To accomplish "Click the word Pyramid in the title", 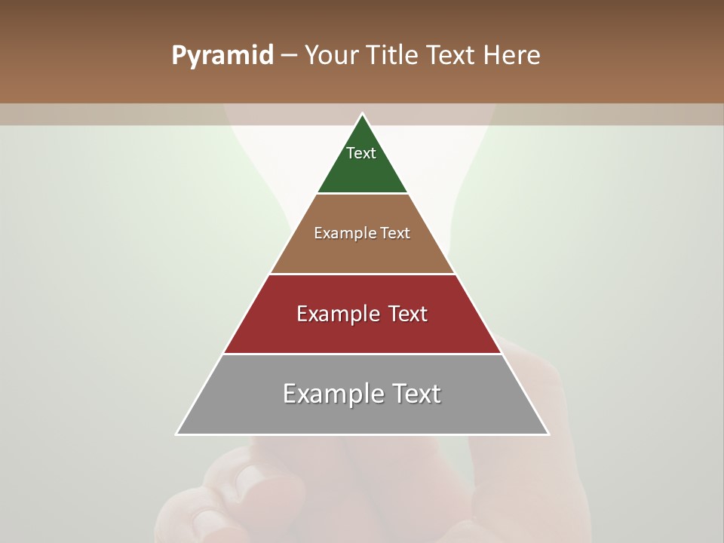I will [x=222, y=56].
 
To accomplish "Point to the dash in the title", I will [x=288, y=56].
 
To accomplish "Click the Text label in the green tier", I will [x=361, y=153].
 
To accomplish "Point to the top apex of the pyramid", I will [x=363, y=114].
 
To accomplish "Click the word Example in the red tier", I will [x=336, y=314].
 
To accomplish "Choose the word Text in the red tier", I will [x=408, y=314].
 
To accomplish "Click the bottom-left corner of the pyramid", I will [x=176, y=434].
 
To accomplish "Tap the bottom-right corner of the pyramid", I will [x=548, y=434].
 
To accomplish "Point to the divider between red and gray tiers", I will [x=363, y=354].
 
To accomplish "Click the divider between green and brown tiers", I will [x=363, y=194].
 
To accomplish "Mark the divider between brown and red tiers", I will [x=363, y=274].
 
